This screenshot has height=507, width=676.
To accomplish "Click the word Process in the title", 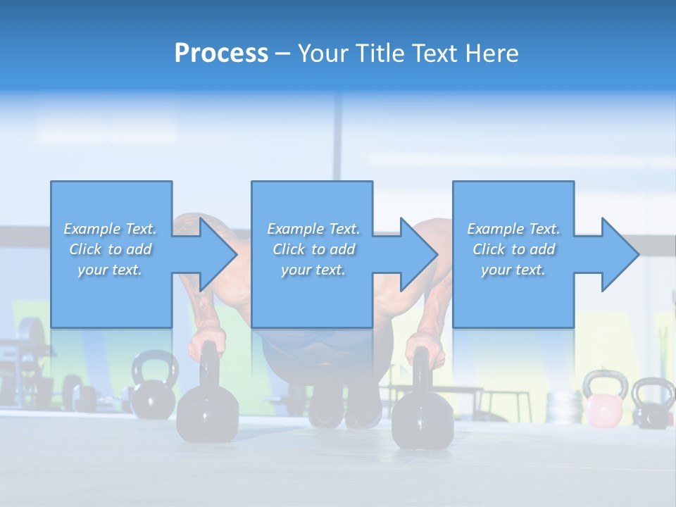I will coord(221,54).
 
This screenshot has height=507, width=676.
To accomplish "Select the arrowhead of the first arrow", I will coord(219,254).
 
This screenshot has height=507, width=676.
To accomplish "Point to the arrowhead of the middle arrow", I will coord(419,254).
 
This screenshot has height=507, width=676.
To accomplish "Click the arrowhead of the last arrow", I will coord(620,254).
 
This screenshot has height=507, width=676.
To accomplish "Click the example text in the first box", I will coord(111,249).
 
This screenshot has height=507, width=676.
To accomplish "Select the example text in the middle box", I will coord(313,249).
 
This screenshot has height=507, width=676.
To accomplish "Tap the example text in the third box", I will coord(513,249).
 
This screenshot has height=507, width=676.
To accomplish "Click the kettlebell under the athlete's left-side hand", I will coord(207,408).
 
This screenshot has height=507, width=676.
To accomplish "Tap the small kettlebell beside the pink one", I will coord(653,403).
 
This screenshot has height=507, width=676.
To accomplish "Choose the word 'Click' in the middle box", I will coord(289,249).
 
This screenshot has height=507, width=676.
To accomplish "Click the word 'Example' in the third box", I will coord(494,229).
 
